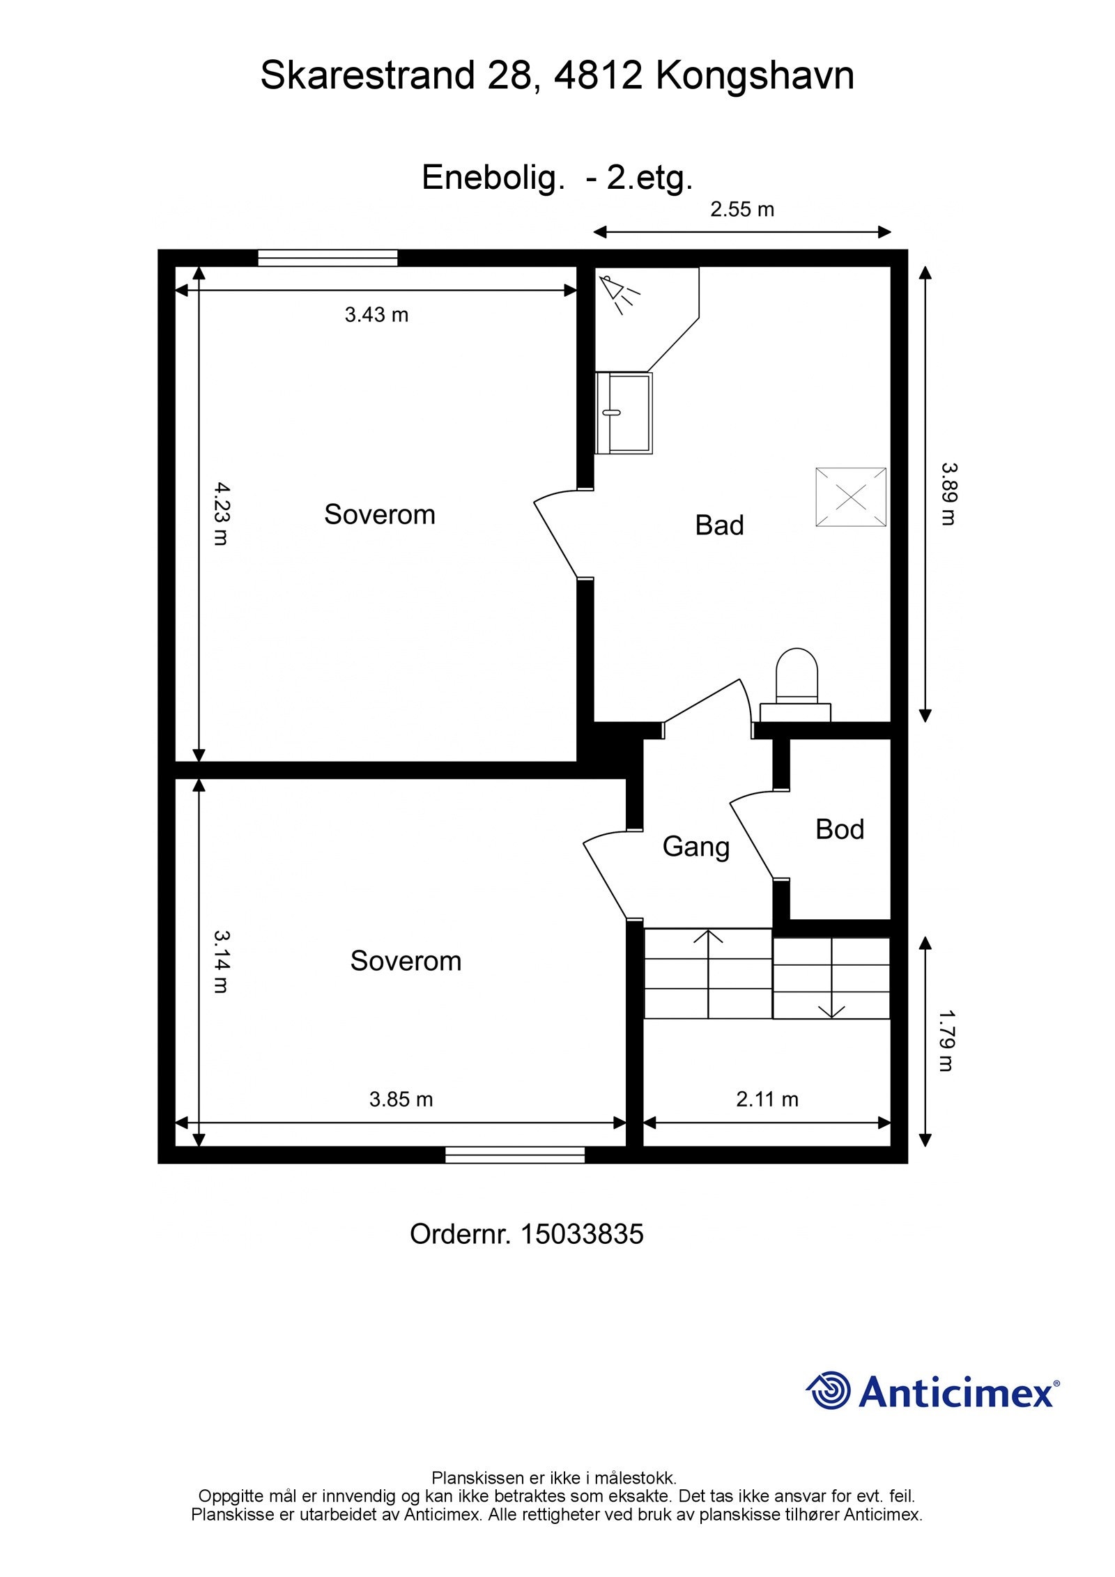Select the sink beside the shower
(624, 413)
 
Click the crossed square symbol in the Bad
(851, 497)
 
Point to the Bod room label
(840, 829)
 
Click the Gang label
(695, 847)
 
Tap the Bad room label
(719, 525)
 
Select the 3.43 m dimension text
(376, 315)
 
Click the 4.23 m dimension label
(220, 514)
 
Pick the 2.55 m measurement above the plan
(742, 209)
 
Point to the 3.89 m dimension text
(949, 494)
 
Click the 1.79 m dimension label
(946, 1041)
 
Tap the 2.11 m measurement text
(767, 1100)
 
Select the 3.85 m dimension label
(401, 1100)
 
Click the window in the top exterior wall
(328, 258)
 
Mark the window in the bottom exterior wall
(515, 1155)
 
